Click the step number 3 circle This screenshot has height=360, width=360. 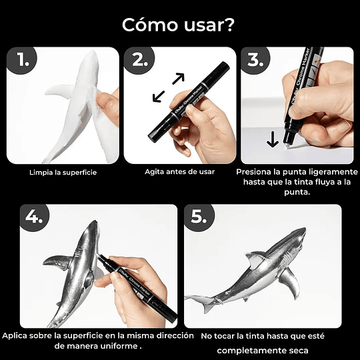pos(256,61)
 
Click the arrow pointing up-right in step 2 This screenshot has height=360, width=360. pos(177,79)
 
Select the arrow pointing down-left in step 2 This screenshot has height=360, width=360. pos(159,97)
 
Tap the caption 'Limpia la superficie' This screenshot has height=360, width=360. pos(63,172)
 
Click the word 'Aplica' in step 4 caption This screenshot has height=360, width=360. pos(18,335)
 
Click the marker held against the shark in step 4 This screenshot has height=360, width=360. pos(140,283)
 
